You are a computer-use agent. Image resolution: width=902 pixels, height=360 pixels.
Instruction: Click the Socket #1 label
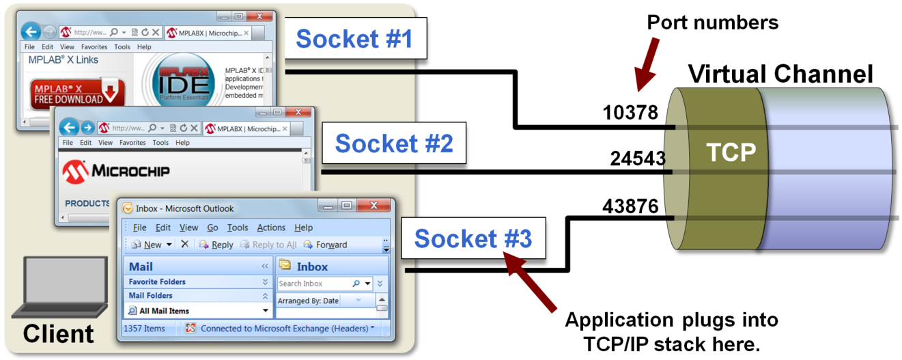[x=354, y=39]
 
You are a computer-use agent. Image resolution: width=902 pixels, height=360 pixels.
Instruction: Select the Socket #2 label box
[x=393, y=143]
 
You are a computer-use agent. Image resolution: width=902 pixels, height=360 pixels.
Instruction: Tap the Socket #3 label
[x=473, y=238]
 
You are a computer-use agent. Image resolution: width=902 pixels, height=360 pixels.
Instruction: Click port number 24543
[x=638, y=159]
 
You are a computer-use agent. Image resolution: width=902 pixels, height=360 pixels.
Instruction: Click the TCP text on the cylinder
[x=731, y=152]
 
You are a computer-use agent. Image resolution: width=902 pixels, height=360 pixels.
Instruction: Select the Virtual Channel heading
[x=780, y=74]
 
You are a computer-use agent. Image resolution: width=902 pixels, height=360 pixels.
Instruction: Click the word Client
[x=58, y=334]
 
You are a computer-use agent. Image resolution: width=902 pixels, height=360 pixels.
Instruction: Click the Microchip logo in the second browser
[x=116, y=170]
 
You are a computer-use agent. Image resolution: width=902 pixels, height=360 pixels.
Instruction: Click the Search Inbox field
[x=314, y=283]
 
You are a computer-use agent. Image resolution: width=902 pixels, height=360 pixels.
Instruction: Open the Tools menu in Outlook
[x=238, y=227]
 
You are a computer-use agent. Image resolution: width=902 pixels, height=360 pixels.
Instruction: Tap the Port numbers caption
[x=713, y=22]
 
